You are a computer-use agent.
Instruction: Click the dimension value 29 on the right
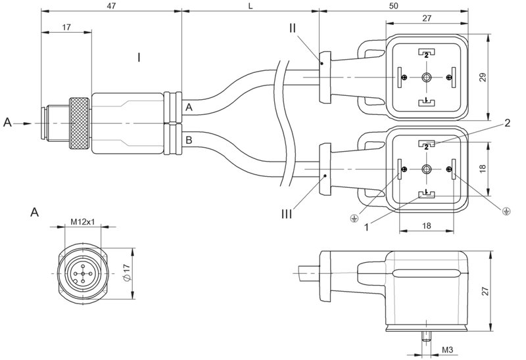point(500,78)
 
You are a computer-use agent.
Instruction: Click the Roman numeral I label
point(139,58)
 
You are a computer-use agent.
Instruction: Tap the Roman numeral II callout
point(293,28)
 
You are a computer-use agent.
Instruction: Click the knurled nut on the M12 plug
point(81,123)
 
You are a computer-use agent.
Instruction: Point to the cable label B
point(189,139)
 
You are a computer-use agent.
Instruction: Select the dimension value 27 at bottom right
point(500,290)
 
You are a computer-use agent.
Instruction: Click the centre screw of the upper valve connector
point(426,78)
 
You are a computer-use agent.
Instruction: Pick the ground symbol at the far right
point(506,211)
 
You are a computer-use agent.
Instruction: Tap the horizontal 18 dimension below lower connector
point(426,225)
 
